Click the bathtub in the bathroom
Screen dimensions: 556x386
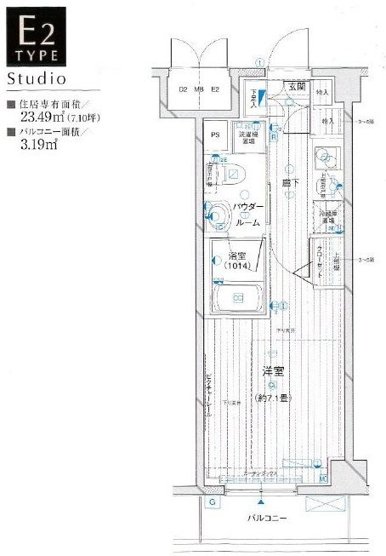[x=238, y=299]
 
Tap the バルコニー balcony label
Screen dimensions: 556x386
[x=267, y=518]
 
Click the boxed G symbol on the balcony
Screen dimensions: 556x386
[x=212, y=502]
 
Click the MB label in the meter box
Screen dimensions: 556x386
[x=198, y=89]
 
